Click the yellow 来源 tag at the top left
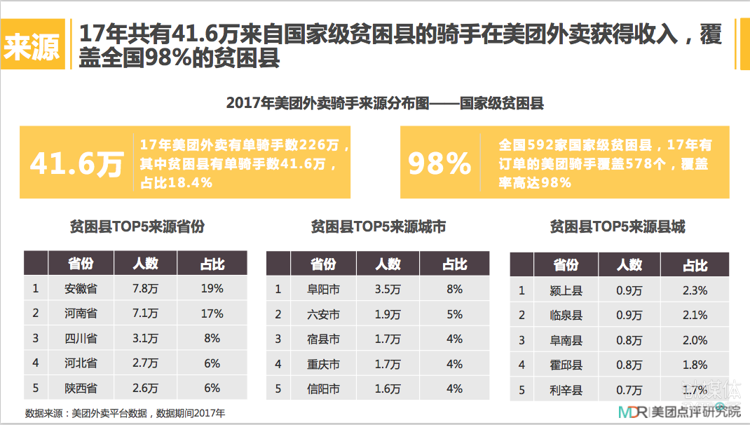[x=32, y=46]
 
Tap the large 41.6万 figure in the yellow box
[x=76, y=163]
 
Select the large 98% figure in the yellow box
[x=439, y=163]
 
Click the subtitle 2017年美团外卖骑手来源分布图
[x=385, y=102]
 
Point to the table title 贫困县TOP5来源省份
[x=137, y=227]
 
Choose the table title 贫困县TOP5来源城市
[x=378, y=227]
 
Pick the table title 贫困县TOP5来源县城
[x=617, y=227]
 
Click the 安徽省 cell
[x=81, y=288]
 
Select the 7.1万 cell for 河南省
[x=146, y=313]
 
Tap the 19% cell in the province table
[x=212, y=288]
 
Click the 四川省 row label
[x=81, y=338]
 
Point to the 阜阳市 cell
[x=323, y=289]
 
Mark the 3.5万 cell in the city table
[x=388, y=289]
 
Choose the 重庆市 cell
[x=323, y=364]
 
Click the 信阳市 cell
[x=323, y=389]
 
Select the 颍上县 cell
[x=566, y=290]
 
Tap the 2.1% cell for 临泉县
[x=695, y=315]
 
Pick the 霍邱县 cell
[x=566, y=365]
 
